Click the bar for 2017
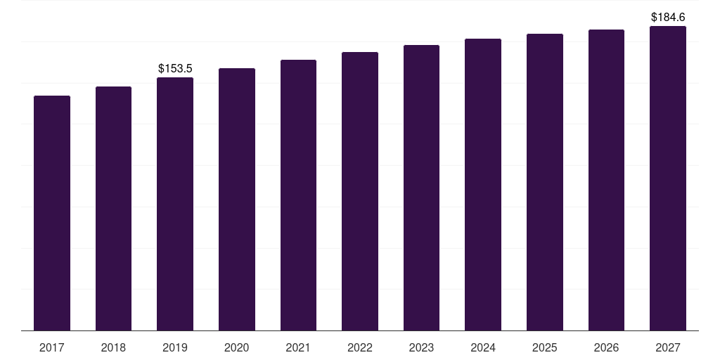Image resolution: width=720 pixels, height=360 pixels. coord(52,213)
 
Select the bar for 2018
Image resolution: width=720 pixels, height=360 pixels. coord(113,209)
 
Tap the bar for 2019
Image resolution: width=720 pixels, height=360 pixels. coord(175,204)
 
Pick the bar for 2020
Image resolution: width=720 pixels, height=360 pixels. coord(237,200)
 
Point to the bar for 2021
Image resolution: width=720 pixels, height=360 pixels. coord(298,195)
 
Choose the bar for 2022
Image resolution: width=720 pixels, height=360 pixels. coord(360,191)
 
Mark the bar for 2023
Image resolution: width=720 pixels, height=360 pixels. coord(421,188)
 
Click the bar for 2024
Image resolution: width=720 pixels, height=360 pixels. coord(483,185)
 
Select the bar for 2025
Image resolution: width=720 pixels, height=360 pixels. coord(545,182)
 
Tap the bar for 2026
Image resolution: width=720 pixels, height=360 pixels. coord(606,180)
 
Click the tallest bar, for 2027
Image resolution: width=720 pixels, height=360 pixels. coord(668,179)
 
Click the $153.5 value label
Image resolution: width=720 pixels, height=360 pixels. coord(175,68)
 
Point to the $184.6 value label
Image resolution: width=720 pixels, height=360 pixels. coord(668,17)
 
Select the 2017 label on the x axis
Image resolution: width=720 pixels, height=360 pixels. coord(52,347)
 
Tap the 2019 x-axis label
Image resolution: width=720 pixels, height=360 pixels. coord(175,347)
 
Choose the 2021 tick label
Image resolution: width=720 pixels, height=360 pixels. coord(298,347)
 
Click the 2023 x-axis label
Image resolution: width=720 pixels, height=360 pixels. coord(421,347)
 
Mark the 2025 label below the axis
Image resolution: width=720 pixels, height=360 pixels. coord(545,347)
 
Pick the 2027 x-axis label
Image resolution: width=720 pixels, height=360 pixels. coord(668,347)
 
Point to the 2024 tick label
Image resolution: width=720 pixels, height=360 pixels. coord(483,347)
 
